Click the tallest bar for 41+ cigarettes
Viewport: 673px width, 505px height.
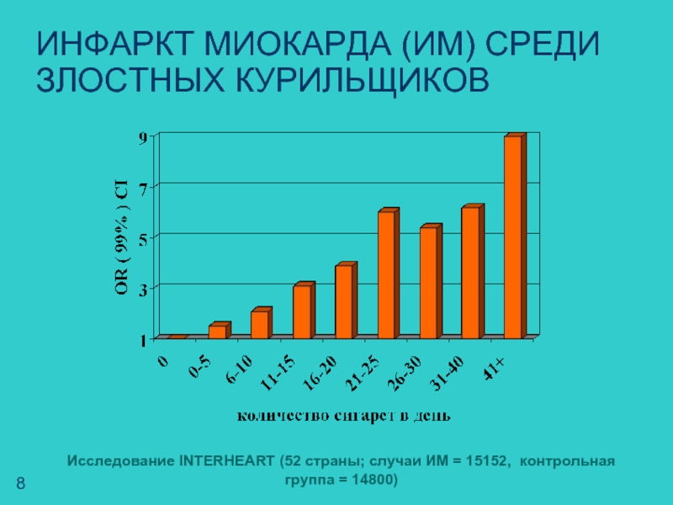513,237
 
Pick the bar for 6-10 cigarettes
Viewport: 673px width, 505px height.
259,324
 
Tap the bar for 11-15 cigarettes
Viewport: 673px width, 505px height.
301,311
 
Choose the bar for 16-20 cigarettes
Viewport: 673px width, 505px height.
343,301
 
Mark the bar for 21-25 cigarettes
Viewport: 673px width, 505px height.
386,274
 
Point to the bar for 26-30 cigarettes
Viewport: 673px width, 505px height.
428,282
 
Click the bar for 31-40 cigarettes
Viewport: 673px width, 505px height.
470,272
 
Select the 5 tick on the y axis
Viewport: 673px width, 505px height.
144,239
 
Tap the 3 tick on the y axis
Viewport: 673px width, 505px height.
144,290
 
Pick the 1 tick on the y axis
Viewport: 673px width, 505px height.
144,340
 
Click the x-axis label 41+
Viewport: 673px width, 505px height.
495,369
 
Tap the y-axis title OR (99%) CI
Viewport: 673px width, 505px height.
122,238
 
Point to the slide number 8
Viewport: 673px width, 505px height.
21,483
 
